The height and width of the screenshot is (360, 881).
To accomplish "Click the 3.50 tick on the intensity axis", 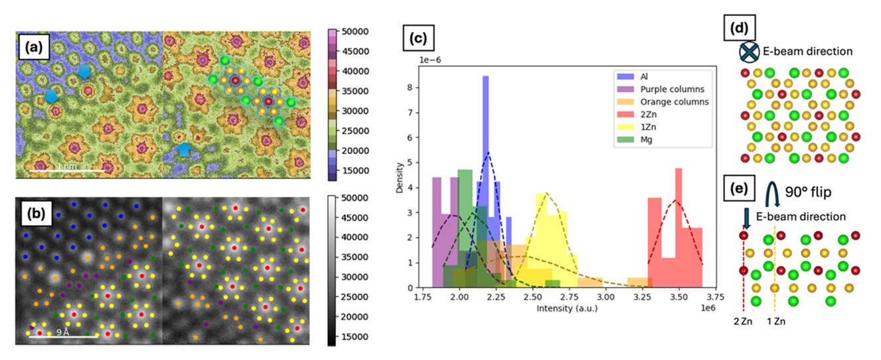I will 676,297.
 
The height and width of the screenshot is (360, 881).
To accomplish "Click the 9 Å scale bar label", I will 63,331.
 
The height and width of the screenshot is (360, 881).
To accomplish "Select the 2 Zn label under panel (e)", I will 743,321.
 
